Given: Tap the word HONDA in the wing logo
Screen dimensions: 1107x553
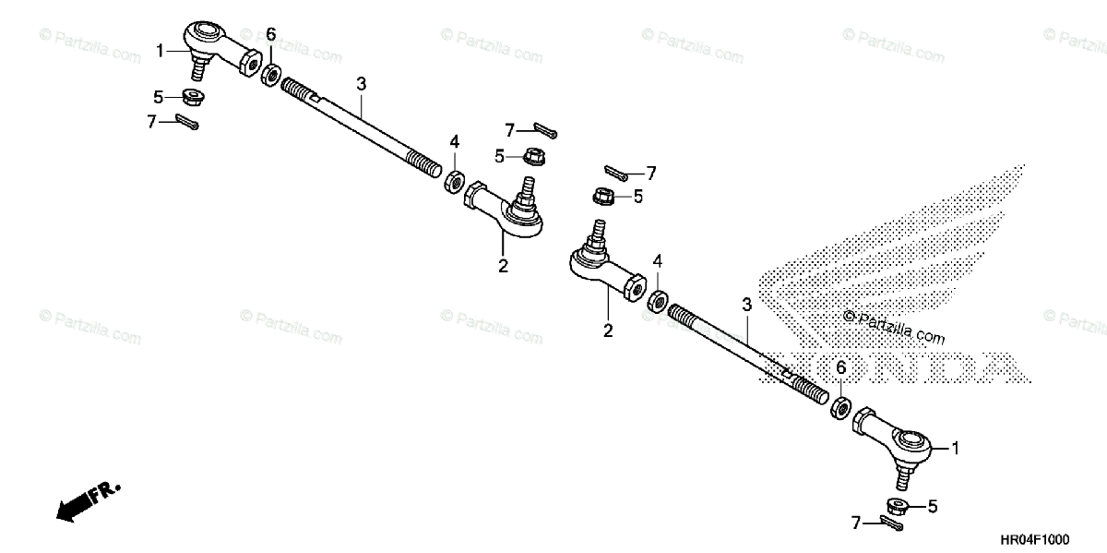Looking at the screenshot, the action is [899, 367].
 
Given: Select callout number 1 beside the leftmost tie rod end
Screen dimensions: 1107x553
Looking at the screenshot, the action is [160, 50].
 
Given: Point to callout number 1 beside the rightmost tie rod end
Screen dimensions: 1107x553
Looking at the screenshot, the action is [956, 449].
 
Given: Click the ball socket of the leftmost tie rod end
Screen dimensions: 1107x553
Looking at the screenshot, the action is [206, 34].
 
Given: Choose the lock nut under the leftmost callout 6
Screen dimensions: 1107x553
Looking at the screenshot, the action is [272, 75].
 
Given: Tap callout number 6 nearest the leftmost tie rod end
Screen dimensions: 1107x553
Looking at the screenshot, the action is [270, 35].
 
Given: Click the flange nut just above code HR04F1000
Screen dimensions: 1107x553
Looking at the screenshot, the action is [896, 505].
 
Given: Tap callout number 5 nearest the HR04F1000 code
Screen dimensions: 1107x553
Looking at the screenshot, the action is [933, 506].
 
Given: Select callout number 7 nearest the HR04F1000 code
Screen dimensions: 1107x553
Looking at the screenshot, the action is [857, 523].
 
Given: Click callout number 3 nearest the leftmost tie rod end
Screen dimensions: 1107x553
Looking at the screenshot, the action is [362, 84].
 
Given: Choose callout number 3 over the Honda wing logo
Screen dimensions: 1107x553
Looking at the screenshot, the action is [746, 305].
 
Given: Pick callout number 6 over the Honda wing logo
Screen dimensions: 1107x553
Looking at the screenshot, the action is [840, 367].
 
